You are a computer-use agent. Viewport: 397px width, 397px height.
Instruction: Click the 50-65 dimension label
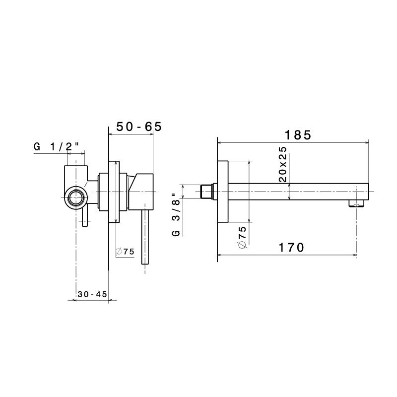click(139, 127)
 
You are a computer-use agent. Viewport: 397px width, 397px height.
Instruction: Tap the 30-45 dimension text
click(92, 294)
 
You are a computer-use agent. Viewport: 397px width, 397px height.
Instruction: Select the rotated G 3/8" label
click(176, 214)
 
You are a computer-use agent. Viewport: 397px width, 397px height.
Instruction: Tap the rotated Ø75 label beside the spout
click(242, 237)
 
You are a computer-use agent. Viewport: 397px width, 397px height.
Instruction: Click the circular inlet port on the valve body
click(76, 198)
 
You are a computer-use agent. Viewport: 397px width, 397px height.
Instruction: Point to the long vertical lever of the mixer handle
click(145, 238)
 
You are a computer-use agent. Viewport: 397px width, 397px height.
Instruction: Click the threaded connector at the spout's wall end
click(207, 192)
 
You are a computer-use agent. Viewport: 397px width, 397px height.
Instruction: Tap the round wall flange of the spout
click(223, 192)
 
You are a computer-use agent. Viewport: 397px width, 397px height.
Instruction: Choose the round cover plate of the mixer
click(115, 192)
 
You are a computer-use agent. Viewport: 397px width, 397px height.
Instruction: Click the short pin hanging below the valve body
click(85, 218)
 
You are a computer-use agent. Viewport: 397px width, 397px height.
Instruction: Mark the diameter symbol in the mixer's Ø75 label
click(119, 252)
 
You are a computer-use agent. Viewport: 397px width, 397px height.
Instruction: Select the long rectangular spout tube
click(298, 192)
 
